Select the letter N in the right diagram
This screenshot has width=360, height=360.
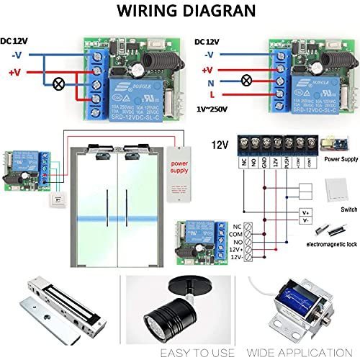click(x=210, y=83)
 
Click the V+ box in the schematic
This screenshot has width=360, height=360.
click(x=305, y=212)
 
